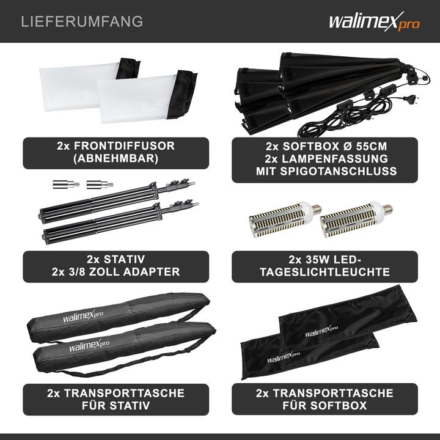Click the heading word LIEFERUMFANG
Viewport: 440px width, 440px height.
(x=82, y=21)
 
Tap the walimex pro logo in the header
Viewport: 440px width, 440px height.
(x=374, y=22)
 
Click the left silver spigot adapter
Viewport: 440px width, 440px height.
(x=59, y=183)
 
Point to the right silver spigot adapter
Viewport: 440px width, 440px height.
(x=95, y=183)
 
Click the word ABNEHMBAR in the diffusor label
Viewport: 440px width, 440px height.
(x=115, y=159)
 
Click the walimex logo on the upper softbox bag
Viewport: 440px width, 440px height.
(x=323, y=333)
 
